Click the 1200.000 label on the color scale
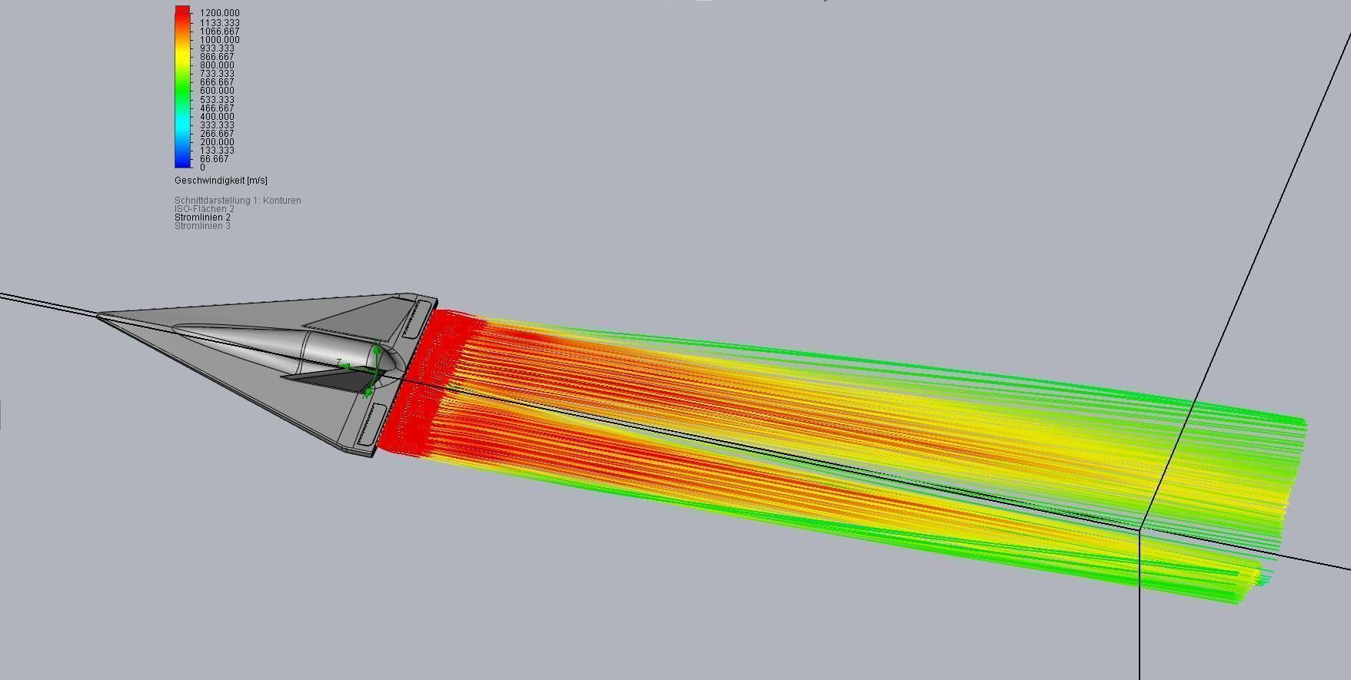pyautogui.click(x=219, y=13)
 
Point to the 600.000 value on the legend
pyautogui.click(x=217, y=91)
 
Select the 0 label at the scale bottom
pyautogui.click(x=203, y=168)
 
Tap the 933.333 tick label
pyautogui.click(x=217, y=48)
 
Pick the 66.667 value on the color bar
pyautogui.click(x=215, y=159)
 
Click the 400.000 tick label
pyautogui.click(x=217, y=117)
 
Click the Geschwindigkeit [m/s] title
pyautogui.click(x=221, y=181)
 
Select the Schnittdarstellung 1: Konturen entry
pyautogui.click(x=238, y=201)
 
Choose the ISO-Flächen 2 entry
pyautogui.click(x=204, y=209)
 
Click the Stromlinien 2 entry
pyautogui.click(x=202, y=217)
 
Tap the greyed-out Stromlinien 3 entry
pyautogui.click(x=202, y=226)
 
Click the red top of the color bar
pyautogui.click(x=182, y=11)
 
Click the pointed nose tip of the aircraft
pyautogui.click(x=98, y=313)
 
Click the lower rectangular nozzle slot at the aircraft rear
pyautogui.click(x=370, y=426)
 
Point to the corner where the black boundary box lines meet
pyautogui.click(x=1140, y=529)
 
